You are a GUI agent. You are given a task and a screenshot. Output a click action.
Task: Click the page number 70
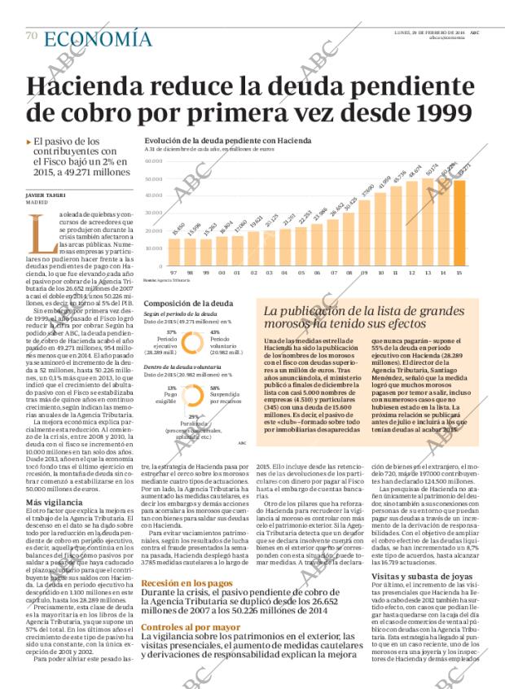tap(32, 37)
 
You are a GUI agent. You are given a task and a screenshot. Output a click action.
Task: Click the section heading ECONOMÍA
tap(98, 38)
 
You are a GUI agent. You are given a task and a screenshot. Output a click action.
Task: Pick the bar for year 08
tap(349, 237)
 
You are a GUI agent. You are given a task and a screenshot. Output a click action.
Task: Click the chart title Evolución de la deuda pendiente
tap(213, 141)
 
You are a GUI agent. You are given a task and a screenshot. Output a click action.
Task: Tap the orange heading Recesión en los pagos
tap(187, 583)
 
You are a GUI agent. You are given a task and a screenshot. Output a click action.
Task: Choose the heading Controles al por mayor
tap(191, 627)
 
